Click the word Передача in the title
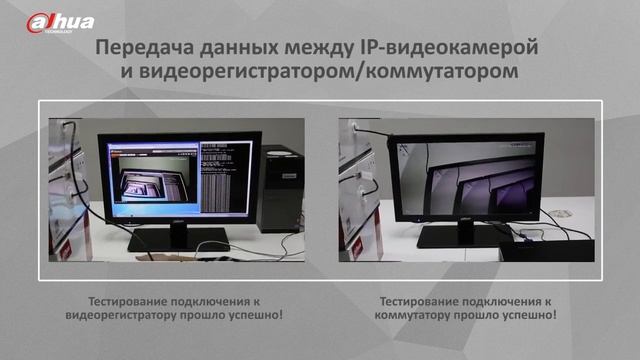coord(144,47)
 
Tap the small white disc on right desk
coord(563,214)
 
